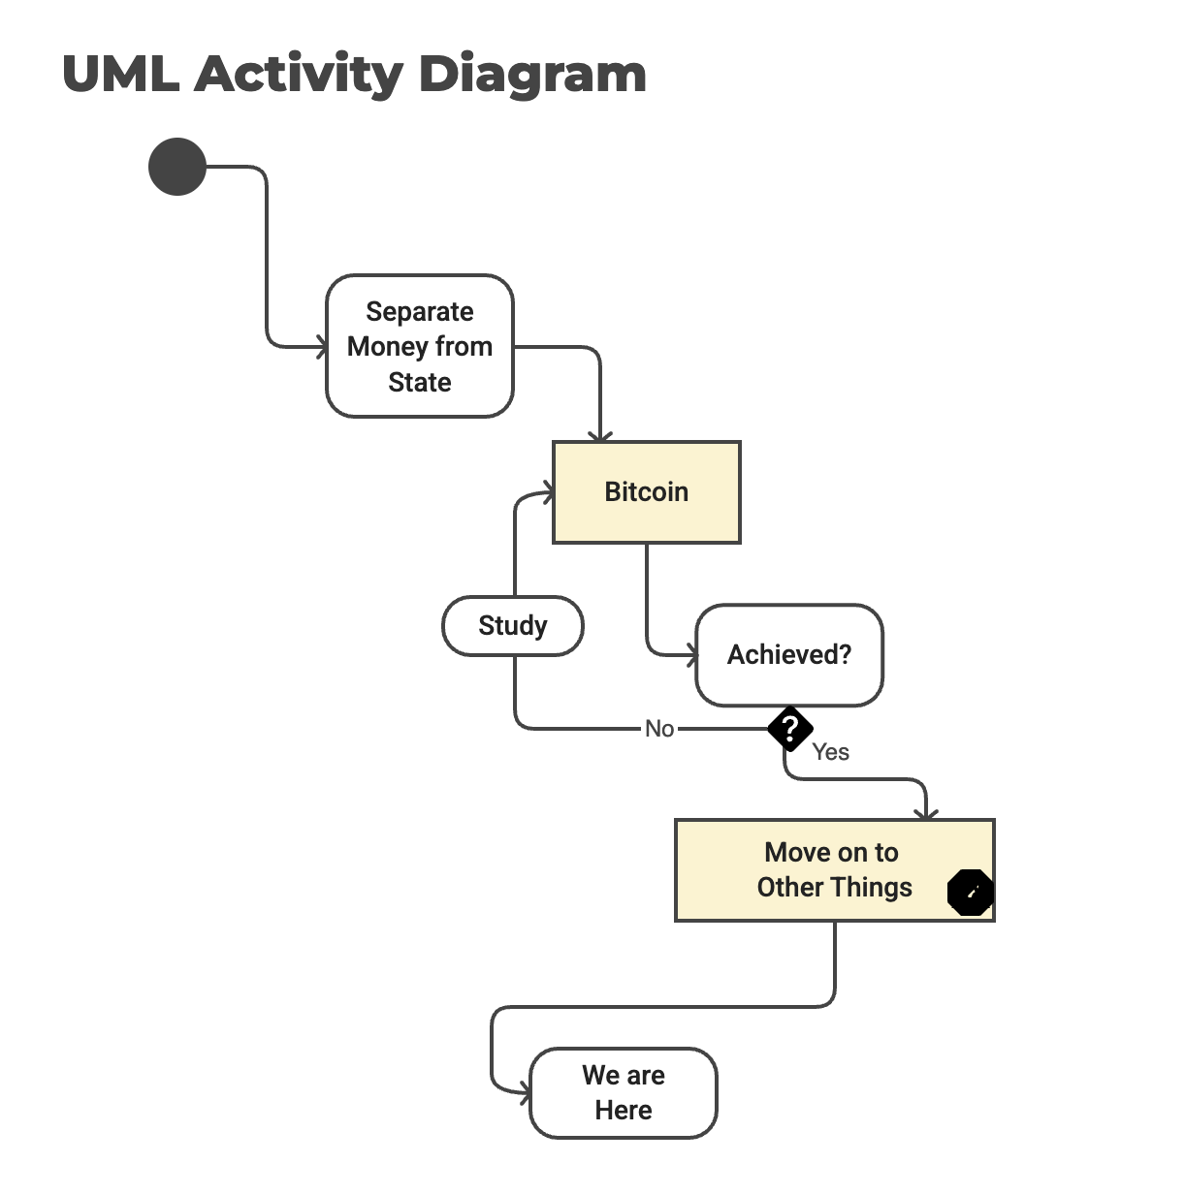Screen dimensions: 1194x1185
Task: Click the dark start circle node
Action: click(x=177, y=167)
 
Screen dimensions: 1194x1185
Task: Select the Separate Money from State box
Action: click(x=419, y=346)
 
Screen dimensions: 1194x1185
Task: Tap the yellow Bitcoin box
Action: click(x=646, y=492)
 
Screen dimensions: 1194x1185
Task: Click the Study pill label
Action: click(x=512, y=626)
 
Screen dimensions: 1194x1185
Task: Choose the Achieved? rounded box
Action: click(x=788, y=655)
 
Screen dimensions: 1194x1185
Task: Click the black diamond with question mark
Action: click(x=790, y=729)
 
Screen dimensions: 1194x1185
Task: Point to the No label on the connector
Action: click(x=659, y=729)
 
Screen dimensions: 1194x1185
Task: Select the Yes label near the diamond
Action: click(x=830, y=752)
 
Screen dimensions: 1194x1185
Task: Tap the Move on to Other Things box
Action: click(x=834, y=869)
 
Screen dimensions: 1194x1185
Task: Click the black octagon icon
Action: click(x=970, y=893)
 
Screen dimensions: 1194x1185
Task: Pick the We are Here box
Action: click(x=623, y=1092)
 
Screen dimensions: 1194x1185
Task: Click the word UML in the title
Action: click(x=120, y=75)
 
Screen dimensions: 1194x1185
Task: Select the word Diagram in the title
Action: click(x=532, y=75)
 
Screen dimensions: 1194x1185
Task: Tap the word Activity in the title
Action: click(x=298, y=75)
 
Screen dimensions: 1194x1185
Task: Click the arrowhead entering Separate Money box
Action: click(x=321, y=346)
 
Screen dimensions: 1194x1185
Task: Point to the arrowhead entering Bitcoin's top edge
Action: click(x=600, y=436)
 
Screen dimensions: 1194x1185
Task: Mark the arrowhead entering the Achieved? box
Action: click(x=691, y=656)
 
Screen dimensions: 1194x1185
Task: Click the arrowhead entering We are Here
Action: click(x=525, y=1094)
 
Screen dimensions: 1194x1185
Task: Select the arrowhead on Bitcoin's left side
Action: click(x=549, y=494)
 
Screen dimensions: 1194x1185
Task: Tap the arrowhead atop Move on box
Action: click(x=927, y=814)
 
